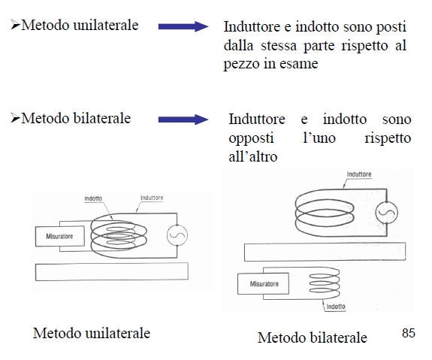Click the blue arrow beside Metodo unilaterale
(183, 26)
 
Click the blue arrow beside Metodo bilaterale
(183, 119)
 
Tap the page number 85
(408, 333)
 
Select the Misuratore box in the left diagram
(60, 236)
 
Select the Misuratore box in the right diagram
(263, 283)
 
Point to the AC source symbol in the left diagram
(177, 235)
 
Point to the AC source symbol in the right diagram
(386, 213)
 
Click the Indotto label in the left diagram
(93, 198)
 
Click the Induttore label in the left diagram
(152, 198)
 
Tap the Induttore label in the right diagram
(359, 174)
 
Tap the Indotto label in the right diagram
(336, 307)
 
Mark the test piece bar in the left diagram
(112, 272)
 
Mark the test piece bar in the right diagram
(325, 252)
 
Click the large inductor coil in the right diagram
(295, 213)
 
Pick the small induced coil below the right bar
(325, 283)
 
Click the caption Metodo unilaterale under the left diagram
(92, 333)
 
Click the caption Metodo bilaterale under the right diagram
(312, 337)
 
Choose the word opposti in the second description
(251, 138)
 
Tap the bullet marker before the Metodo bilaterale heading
(15, 118)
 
